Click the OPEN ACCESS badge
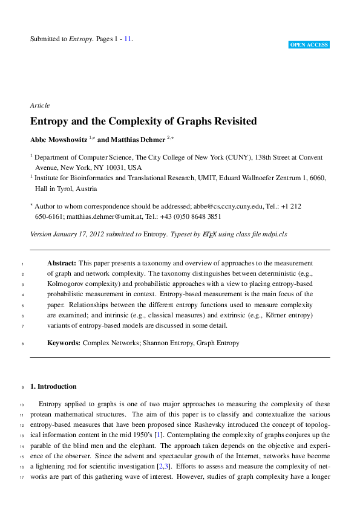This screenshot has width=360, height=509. (x=309, y=45)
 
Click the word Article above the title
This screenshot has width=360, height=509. (x=39, y=105)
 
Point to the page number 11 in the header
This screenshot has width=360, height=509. (x=127, y=39)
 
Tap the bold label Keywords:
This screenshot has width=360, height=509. (x=64, y=343)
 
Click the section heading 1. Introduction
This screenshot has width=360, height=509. (x=53, y=386)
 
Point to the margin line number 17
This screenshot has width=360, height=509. (x=21, y=476)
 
